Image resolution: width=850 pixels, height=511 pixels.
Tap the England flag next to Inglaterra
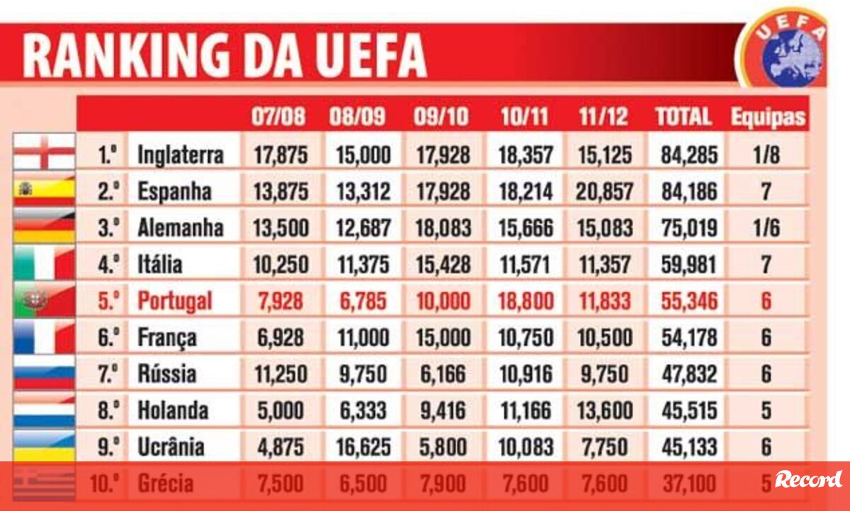point(44,152)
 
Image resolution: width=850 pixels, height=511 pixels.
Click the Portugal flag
point(44,301)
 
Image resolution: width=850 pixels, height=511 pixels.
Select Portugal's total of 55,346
point(689,301)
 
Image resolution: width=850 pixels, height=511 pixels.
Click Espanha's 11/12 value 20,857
point(604,191)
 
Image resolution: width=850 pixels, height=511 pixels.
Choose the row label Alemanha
point(180,228)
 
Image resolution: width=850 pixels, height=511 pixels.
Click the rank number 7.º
point(108,374)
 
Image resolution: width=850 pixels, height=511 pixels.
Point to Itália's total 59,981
point(689,264)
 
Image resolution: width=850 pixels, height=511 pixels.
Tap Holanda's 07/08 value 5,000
point(281,410)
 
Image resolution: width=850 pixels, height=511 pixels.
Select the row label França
point(167,337)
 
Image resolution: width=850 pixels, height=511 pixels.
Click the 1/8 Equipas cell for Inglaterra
point(766,155)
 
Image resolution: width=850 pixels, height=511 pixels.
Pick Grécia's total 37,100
point(689,484)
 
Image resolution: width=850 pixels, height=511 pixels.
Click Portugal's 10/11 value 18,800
point(523,301)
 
